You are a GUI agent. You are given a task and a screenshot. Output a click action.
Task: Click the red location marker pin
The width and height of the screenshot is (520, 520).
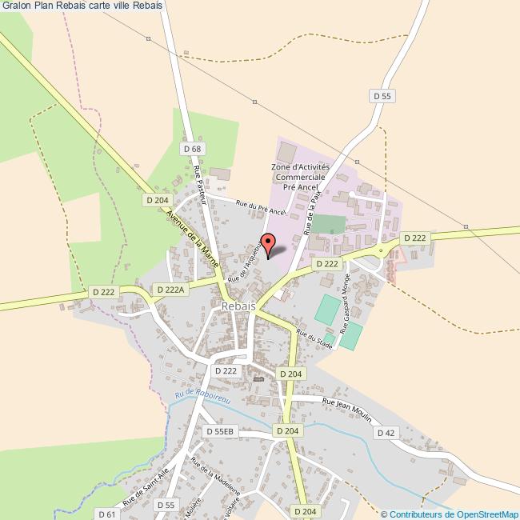coord(269,242)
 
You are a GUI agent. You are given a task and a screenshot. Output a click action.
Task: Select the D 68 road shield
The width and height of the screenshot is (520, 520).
coord(191,149)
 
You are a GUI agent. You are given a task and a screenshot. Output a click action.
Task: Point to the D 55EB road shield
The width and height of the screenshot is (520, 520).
coord(220,431)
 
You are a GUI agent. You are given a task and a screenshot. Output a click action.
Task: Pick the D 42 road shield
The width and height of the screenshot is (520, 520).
coord(386,433)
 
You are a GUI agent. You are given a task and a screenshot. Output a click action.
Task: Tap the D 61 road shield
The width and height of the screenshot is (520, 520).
coord(107,513)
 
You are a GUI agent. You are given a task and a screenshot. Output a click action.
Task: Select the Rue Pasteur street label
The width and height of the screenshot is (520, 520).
coord(200,185)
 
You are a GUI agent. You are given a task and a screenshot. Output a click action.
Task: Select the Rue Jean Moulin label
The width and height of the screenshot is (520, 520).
coord(347,405)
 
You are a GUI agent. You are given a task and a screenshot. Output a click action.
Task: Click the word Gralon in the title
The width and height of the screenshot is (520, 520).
coord(16,6)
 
